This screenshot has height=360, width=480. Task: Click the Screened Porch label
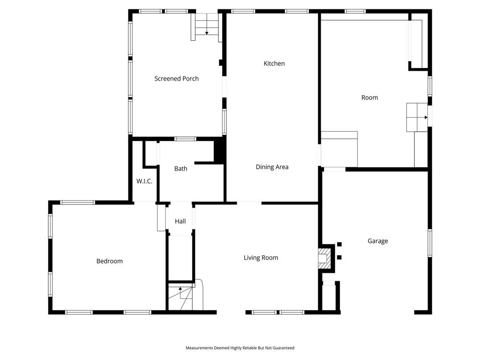(176, 79)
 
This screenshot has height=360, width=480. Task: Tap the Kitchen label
(274, 63)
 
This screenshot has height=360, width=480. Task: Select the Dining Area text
(272, 167)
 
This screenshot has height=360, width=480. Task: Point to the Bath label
(180, 168)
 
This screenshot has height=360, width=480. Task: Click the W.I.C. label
(144, 181)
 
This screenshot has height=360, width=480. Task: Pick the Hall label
(180, 221)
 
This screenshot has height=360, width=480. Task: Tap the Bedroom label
(109, 261)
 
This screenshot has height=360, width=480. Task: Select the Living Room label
(261, 258)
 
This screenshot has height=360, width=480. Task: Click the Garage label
(377, 241)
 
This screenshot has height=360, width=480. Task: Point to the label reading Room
(369, 97)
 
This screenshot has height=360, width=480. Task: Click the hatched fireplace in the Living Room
(325, 258)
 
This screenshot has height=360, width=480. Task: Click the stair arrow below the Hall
(180, 292)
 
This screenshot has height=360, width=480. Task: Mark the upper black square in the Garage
(339, 244)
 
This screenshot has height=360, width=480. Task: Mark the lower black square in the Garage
(339, 257)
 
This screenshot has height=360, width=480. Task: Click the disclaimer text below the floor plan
(240, 348)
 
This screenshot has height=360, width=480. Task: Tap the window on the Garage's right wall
(430, 243)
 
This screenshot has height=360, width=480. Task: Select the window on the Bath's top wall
(185, 139)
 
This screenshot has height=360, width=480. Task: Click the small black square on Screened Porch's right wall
(221, 62)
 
